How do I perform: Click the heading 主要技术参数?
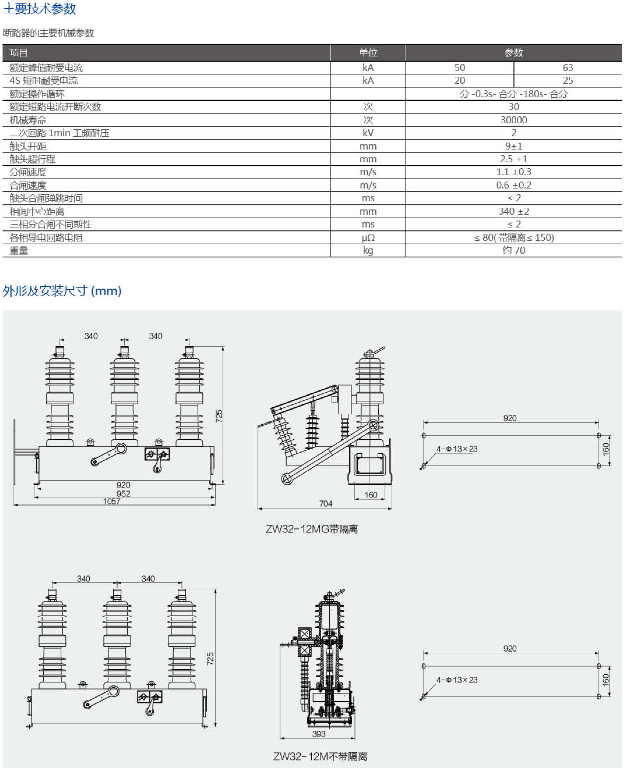(39, 9)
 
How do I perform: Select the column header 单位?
(368, 53)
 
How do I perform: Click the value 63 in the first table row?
(567, 67)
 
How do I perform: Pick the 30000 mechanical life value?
(513, 120)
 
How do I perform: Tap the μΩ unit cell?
(368, 237)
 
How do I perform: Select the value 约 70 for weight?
(513, 250)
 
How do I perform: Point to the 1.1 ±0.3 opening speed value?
(513, 172)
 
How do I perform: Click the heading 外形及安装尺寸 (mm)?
(62, 291)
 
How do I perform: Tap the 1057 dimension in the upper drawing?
(112, 501)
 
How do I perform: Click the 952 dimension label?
(123, 494)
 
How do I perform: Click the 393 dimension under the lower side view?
(319, 734)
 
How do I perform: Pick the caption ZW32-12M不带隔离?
(320, 756)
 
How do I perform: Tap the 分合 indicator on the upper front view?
(157, 454)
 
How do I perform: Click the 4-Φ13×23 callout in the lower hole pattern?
(456, 680)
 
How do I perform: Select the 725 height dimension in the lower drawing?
(210, 658)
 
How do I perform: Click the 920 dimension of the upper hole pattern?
(510, 418)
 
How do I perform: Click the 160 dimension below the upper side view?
(370, 495)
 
